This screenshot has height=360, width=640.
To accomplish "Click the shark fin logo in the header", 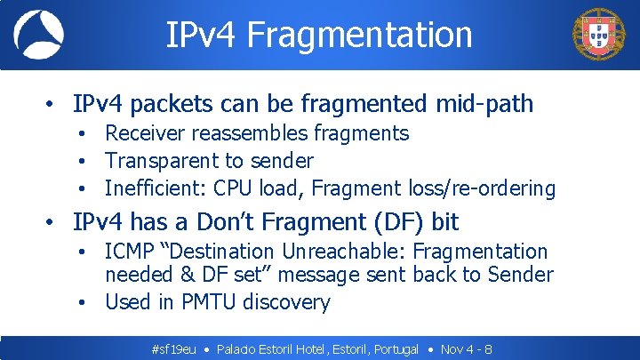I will click(38, 35).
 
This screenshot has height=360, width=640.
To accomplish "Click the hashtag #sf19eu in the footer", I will click(174, 349).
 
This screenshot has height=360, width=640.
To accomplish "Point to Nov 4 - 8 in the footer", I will click(467, 349).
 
